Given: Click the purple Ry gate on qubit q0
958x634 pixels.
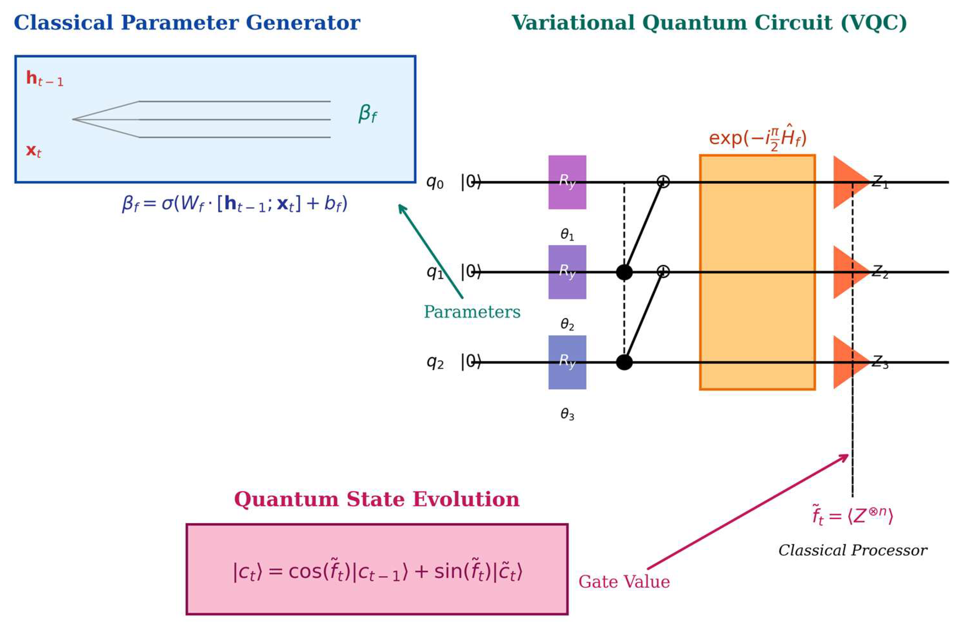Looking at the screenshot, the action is (567, 183).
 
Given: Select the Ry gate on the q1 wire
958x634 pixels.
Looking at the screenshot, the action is (567, 272).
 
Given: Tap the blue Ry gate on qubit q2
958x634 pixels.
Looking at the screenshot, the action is (567, 362).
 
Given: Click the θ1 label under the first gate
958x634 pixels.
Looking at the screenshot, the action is (567, 235).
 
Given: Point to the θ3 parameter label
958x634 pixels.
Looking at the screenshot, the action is (567, 414).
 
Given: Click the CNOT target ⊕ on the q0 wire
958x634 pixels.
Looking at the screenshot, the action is (663, 181).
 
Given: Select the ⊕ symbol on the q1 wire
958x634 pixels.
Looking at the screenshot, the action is (663, 271).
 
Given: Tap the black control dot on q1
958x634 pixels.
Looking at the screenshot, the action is (624, 272).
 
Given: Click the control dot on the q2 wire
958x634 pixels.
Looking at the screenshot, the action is (624, 362).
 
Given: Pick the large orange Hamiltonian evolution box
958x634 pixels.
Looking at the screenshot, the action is (757, 272).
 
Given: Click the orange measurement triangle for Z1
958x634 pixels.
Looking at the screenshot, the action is (849, 183).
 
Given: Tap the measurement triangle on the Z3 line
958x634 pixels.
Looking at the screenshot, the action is (849, 362).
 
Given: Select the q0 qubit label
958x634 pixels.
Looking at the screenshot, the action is (435, 183).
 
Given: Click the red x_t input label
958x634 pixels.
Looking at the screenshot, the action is (34, 151).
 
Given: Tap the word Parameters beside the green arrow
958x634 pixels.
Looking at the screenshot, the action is (472, 312).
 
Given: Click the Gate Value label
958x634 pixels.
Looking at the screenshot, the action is (624, 582).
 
